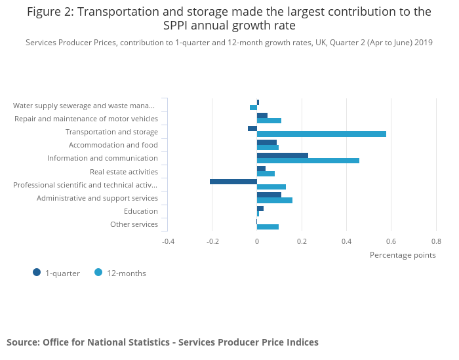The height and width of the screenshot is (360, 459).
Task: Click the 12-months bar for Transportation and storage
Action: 321,134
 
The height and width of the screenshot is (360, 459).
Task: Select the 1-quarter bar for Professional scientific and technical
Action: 233,181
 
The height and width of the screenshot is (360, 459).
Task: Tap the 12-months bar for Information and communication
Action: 308,161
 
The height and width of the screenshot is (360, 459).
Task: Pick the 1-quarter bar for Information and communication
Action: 283,155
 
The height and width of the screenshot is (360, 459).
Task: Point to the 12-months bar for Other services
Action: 268,227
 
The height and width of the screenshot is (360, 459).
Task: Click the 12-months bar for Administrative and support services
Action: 275,201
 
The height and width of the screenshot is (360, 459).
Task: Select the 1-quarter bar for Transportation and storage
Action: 252,129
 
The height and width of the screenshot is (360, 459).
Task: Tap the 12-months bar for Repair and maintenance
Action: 269,121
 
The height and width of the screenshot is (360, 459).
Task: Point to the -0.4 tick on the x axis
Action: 169,241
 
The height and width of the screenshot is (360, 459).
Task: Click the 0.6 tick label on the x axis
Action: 391,241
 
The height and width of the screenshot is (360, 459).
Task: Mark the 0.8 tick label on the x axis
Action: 436,241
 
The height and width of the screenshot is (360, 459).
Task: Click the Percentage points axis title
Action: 403,255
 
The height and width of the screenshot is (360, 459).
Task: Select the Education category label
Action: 141,211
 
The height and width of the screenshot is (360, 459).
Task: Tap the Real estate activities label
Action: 124,172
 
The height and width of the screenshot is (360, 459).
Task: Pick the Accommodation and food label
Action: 113,145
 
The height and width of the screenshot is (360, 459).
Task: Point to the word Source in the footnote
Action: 22,342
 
